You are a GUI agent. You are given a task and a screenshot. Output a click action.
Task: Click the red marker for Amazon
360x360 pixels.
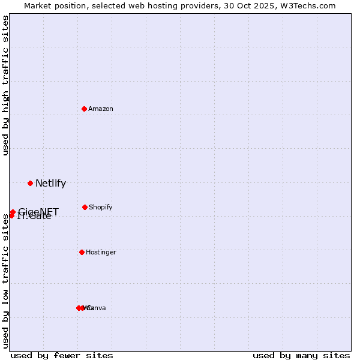tap(85, 109)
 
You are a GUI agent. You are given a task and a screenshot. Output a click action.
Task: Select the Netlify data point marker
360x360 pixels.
tap(30, 183)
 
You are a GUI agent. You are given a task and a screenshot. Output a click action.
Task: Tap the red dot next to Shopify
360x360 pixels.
tap(85, 207)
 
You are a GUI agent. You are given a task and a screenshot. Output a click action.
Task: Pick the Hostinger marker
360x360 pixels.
tap(82, 252)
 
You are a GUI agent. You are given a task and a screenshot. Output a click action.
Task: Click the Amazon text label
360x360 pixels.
tap(101, 109)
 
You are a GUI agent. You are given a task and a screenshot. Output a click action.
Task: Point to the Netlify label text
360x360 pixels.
tap(50, 184)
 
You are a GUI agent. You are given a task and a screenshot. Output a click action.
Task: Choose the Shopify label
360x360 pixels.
tap(101, 207)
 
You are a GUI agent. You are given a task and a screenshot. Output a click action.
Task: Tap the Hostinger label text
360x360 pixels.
tap(101, 252)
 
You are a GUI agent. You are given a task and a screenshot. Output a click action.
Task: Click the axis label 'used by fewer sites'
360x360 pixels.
tap(62, 355)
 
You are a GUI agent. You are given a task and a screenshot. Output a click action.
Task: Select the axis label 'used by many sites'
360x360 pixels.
tap(301, 355)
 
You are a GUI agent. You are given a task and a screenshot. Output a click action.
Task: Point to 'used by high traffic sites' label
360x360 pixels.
tap(6, 85)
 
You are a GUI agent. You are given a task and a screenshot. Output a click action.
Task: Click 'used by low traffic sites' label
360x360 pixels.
tap(6, 281)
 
